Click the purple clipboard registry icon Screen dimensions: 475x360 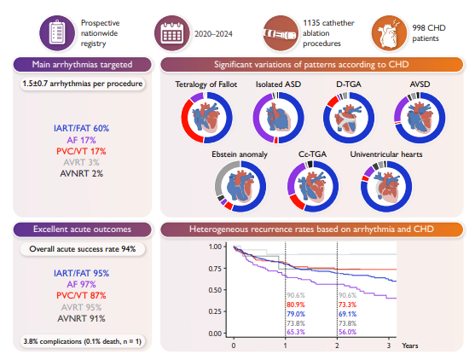pos(57,33)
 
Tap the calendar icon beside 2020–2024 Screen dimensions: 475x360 pos(172,33)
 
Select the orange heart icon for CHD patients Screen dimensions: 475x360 pos(389,33)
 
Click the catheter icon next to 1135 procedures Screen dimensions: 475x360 pos(281,33)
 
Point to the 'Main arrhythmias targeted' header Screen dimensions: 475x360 pos(82,65)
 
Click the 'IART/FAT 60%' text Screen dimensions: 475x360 pos(81,129)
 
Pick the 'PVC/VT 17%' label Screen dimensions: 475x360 pos(81,151)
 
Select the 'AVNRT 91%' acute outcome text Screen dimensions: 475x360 pos(81,318)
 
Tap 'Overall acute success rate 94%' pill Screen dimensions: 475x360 pos(83,249)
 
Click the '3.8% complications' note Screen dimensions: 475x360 pos(83,341)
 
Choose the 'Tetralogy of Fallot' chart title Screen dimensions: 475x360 pos(206,84)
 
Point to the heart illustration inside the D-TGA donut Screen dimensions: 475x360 pos(349,119)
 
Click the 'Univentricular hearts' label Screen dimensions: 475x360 pos(386,154)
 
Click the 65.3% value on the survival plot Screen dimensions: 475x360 pos(296,332)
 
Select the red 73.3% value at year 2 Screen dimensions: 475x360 pos(347,305)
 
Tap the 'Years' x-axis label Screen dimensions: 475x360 pos(410,345)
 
